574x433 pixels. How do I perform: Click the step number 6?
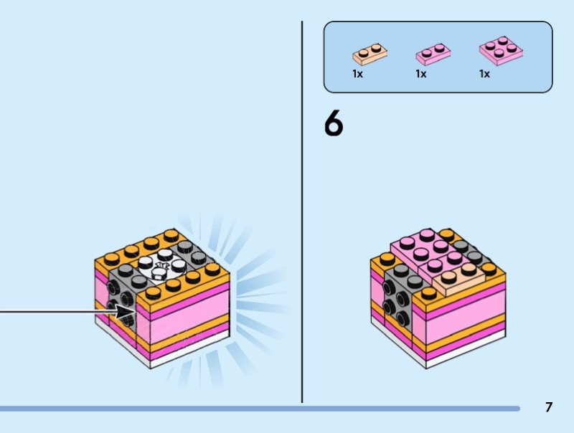(334, 123)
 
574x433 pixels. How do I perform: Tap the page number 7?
(548, 407)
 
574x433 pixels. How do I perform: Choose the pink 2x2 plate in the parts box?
(501, 51)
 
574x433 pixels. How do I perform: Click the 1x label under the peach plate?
(357, 74)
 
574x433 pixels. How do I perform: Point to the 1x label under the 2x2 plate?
(484, 74)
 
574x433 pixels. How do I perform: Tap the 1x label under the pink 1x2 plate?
(421, 74)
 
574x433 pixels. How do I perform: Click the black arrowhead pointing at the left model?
(126, 312)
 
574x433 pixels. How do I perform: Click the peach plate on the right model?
(458, 279)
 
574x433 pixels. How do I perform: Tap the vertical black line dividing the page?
(302, 212)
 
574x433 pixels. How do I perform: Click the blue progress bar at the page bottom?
(260, 409)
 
